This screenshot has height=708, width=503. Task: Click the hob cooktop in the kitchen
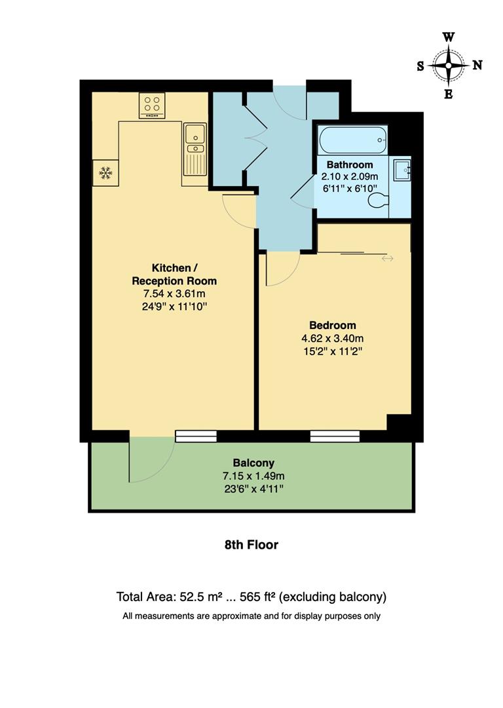tap(152, 106)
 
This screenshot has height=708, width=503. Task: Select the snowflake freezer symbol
tap(105, 173)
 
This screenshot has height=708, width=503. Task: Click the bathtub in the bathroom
tap(352, 140)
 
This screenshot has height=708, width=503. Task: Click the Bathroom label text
tap(350, 165)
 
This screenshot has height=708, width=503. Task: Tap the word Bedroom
tap(332, 325)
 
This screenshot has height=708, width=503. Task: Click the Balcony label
tap(253, 462)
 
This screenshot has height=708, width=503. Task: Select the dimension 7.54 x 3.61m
tap(174, 293)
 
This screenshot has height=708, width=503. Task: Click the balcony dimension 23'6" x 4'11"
tap(253, 488)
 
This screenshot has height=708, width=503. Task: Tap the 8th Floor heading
tap(251, 545)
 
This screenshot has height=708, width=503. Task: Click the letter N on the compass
tap(477, 65)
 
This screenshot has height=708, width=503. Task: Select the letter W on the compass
tap(449, 37)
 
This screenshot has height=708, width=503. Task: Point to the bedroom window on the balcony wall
tap(335, 436)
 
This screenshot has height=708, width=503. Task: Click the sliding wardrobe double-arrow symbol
tap(387, 259)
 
